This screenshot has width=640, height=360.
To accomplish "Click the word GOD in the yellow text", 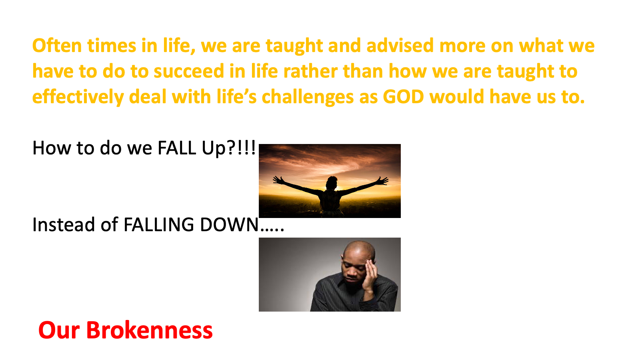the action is pyautogui.click(x=403, y=96).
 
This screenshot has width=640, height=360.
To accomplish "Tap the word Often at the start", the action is pyautogui.click(x=57, y=46).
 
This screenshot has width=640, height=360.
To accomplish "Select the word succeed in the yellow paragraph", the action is pyautogui.click(x=189, y=71).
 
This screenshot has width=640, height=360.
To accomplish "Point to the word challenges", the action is pyautogui.click(x=308, y=97).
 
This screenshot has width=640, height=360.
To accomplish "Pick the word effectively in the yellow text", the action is pyautogui.click(x=78, y=97).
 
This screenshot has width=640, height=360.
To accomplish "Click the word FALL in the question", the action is pyautogui.click(x=177, y=148).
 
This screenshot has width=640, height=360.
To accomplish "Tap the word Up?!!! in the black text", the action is pyautogui.click(x=228, y=148).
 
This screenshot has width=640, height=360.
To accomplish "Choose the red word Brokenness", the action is pyautogui.click(x=150, y=330).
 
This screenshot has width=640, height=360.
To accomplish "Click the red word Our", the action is pyautogui.click(x=59, y=330).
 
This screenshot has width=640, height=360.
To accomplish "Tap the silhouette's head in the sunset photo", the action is pyautogui.click(x=332, y=182).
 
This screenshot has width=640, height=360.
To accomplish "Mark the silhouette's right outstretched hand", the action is pyautogui.click(x=382, y=180).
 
